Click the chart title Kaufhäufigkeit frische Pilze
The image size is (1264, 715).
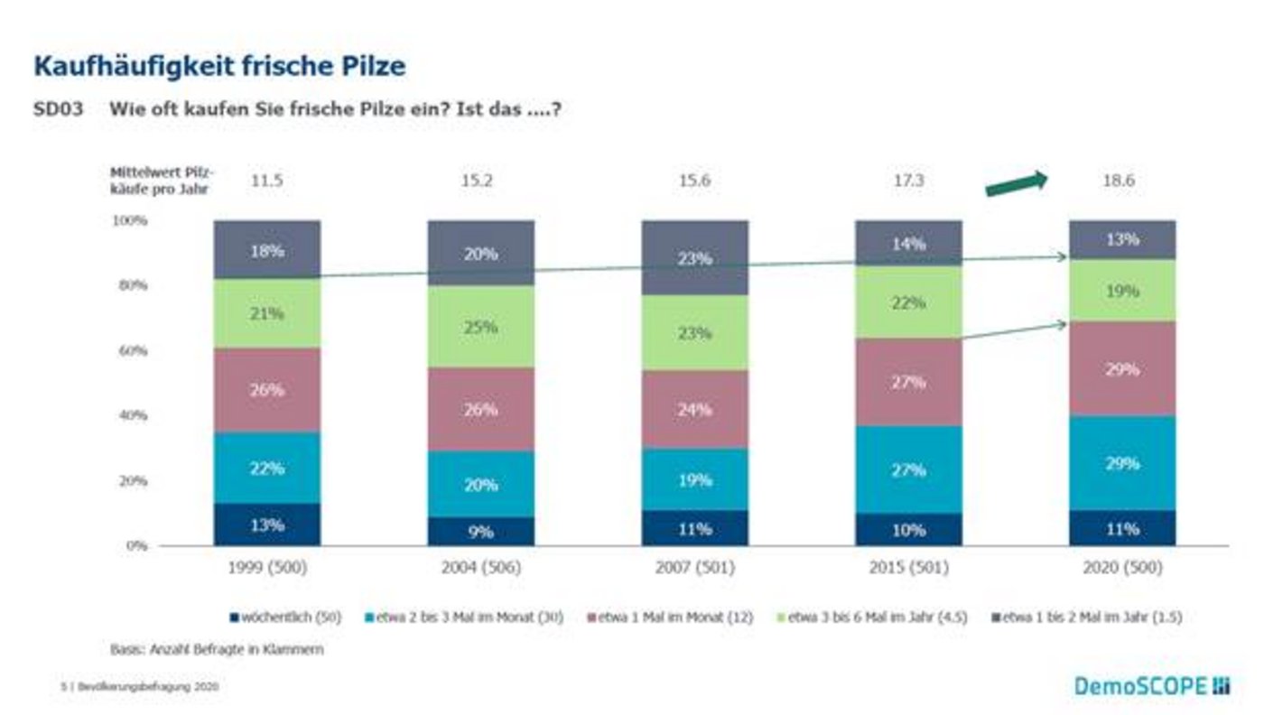tap(219, 66)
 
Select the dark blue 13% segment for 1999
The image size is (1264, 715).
tap(267, 525)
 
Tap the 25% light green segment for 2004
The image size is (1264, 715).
tap(480, 326)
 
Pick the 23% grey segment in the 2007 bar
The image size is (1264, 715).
tap(694, 258)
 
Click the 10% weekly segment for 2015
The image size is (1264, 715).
tap(908, 530)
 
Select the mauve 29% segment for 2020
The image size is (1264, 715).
tap(1122, 369)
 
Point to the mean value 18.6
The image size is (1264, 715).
tap(1118, 181)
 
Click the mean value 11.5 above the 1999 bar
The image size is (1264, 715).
tap(266, 181)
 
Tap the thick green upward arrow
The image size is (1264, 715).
tap(1017, 182)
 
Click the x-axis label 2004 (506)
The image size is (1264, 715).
tap(480, 569)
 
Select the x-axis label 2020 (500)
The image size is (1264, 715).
tap(1122, 569)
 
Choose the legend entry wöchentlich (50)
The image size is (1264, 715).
tap(285, 617)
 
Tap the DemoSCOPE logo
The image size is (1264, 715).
tap(1152, 687)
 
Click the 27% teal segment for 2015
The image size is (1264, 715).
tap(908, 469)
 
